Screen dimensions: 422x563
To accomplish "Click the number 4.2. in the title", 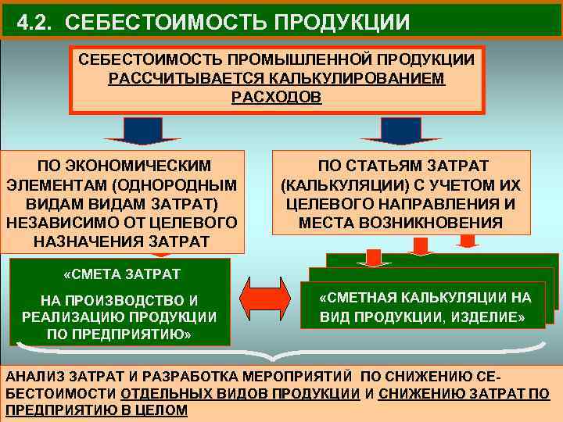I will pyautogui.click(x=36, y=21).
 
